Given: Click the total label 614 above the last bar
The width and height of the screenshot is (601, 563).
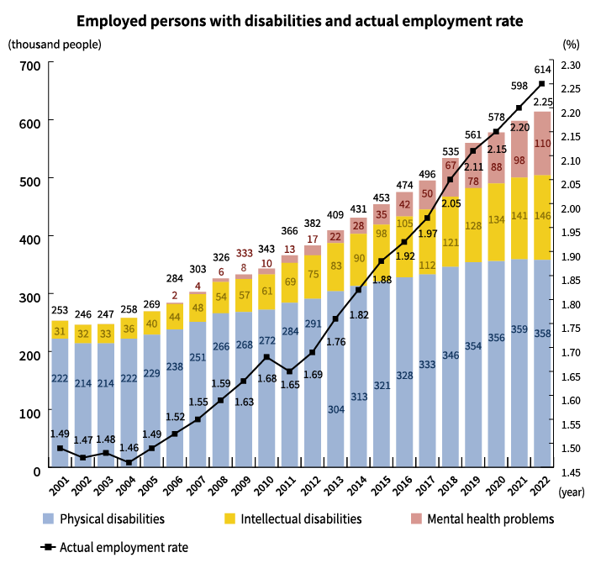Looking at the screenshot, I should [x=542, y=71].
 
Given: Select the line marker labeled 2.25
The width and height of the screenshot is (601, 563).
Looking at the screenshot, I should [x=542, y=84].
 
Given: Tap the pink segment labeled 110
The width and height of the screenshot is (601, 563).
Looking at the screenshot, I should [x=542, y=143].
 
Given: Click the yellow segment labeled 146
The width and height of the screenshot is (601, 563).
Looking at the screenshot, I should [x=542, y=217].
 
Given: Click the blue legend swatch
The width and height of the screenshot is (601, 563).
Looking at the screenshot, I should [x=51, y=518].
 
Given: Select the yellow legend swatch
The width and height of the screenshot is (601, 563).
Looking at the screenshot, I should [x=233, y=518].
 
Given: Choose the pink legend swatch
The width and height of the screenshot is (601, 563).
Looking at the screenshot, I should [x=419, y=518].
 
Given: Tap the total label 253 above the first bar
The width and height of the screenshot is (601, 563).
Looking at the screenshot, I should [x=60, y=310].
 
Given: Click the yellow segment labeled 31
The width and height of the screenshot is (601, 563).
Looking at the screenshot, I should [x=60, y=330].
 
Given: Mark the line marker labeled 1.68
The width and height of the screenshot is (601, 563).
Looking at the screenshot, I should [x=266, y=357].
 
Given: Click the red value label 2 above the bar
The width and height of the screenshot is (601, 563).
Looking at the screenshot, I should [x=175, y=296].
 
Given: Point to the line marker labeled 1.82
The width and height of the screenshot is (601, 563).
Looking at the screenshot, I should [x=358, y=290].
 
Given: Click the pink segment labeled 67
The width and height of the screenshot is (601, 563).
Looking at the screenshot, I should [x=451, y=166].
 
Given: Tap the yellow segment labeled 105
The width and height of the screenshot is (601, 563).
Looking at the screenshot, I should [x=404, y=224].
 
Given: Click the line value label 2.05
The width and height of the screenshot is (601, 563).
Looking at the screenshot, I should [x=451, y=203].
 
